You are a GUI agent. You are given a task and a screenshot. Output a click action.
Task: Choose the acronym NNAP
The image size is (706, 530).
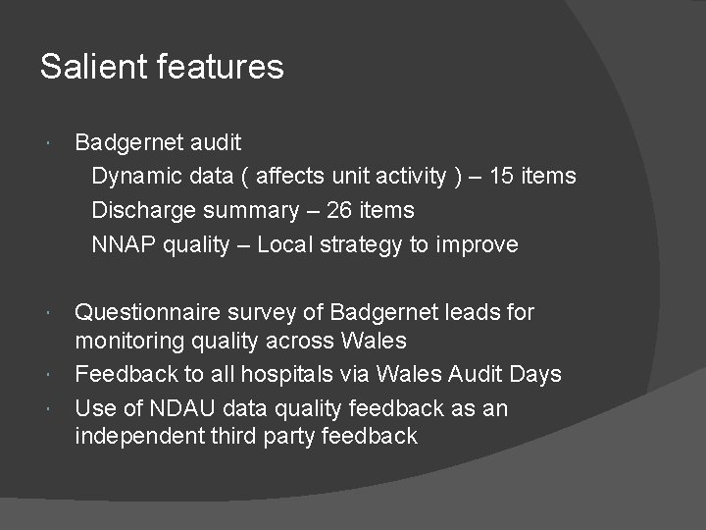pyautogui.click(x=123, y=244)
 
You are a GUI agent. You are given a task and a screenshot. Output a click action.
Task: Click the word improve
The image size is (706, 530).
pyautogui.click(x=478, y=244)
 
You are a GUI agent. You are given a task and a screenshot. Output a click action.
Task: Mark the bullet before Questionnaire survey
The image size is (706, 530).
pyautogui.click(x=50, y=312)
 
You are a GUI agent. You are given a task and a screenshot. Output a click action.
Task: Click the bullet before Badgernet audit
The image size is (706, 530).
pyautogui.click(x=50, y=143)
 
